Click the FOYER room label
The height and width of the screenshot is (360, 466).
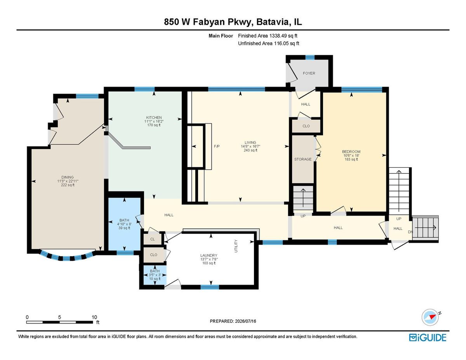pos(309,73)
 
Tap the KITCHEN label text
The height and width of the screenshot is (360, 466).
pos(154,118)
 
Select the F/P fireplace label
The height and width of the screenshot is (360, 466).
pos(217,146)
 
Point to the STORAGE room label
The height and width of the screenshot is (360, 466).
pos(303,159)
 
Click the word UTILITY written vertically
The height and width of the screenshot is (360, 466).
pos(236,246)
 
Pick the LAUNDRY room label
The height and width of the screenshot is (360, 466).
pos(209,256)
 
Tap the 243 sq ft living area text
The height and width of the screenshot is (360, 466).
pos(250,150)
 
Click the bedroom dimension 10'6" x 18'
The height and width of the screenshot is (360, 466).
pos(351,155)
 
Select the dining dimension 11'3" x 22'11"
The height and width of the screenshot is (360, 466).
pos(68,181)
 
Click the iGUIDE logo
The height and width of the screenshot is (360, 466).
pos(428,337)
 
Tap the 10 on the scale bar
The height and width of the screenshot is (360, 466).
pos(94,317)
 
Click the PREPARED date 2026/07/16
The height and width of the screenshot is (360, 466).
pos(245,321)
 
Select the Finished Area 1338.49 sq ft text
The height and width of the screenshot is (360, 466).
pos(268,36)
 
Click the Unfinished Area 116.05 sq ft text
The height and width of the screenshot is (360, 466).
pos(268,43)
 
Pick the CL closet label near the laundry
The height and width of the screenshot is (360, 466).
pos(153,239)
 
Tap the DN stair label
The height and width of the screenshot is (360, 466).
pos(410,232)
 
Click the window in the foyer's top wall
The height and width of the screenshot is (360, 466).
pos(310,57)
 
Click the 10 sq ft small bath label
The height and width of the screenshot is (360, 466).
pos(155,279)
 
